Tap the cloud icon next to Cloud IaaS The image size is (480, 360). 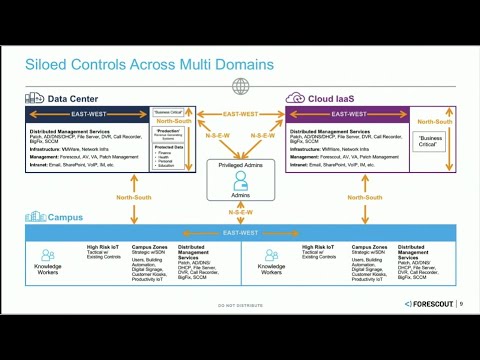pyautogui.click(x=295, y=98)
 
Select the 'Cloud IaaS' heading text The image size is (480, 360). pyautogui.click(x=334, y=98)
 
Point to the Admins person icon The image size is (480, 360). pyautogui.click(x=240, y=182)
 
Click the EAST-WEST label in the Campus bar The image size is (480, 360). pyautogui.click(x=240, y=232)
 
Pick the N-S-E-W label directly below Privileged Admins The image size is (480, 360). pyautogui.click(x=240, y=212)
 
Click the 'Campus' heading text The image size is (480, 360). pyautogui.click(x=69, y=217)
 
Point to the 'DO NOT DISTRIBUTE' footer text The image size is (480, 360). pyautogui.click(x=240, y=304)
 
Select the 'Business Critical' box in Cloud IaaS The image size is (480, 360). pyautogui.click(x=430, y=141)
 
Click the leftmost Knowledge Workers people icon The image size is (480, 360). pyautogui.click(x=47, y=255)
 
